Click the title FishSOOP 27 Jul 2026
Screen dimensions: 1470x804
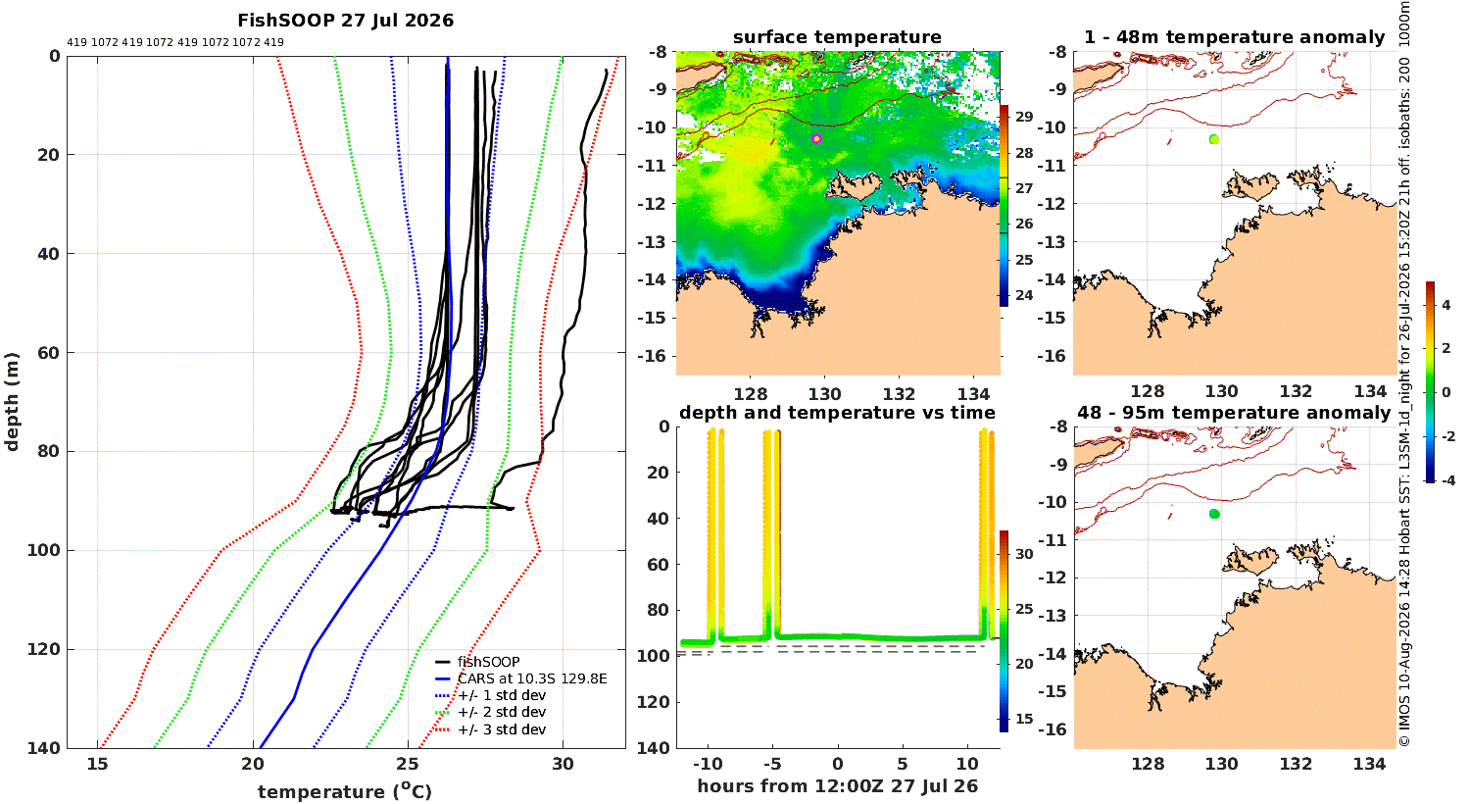pyautogui.click(x=345, y=21)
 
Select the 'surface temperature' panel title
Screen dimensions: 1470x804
pyautogui.click(x=837, y=37)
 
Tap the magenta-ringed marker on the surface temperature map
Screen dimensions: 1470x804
pyautogui.click(x=816, y=138)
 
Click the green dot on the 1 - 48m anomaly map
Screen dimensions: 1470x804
pyautogui.click(x=1214, y=139)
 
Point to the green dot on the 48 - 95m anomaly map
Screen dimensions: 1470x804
pyautogui.click(x=1214, y=514)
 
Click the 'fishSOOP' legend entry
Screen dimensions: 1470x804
pyautogui.click(x=488, y=662)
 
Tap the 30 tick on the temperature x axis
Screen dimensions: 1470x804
pyautogui.click(x=563, y=764)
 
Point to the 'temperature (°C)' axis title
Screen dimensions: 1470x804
pyautogui.click(x=345, y=791)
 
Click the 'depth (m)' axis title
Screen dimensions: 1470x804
pyautogui.click(x=11, y=402)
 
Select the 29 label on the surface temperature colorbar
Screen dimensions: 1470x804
pyautogui.click(x=1024, y=117)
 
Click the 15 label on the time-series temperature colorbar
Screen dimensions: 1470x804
pyautogui.click(x=1024, y=719)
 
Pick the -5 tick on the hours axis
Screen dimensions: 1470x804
pyautogui.click(x=772, y=764)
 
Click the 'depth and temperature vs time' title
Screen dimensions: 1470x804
pyautogui.click(x=837, y=413)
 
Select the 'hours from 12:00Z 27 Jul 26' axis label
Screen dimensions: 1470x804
pyautogui.click(x=837, y=786)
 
